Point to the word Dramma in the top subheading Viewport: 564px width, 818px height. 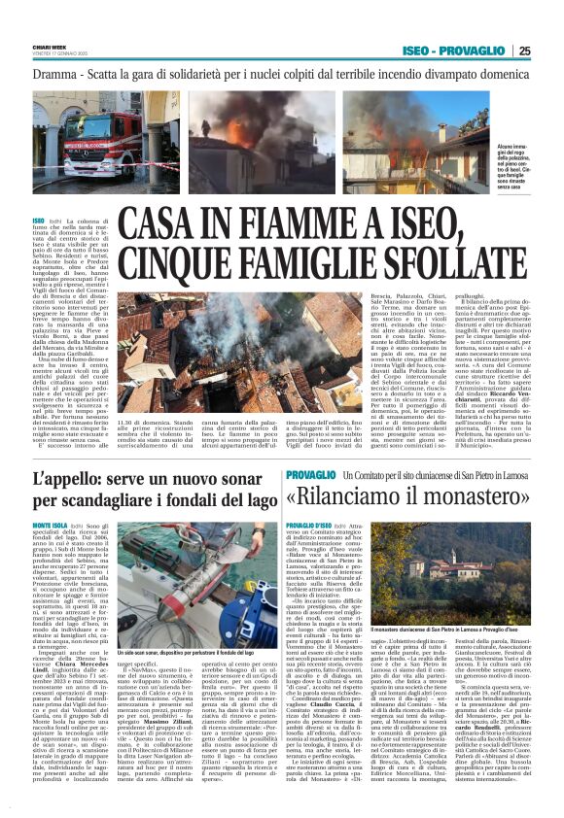coord(54,75)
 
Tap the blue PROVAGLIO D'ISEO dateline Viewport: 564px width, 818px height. coord(310,525)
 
